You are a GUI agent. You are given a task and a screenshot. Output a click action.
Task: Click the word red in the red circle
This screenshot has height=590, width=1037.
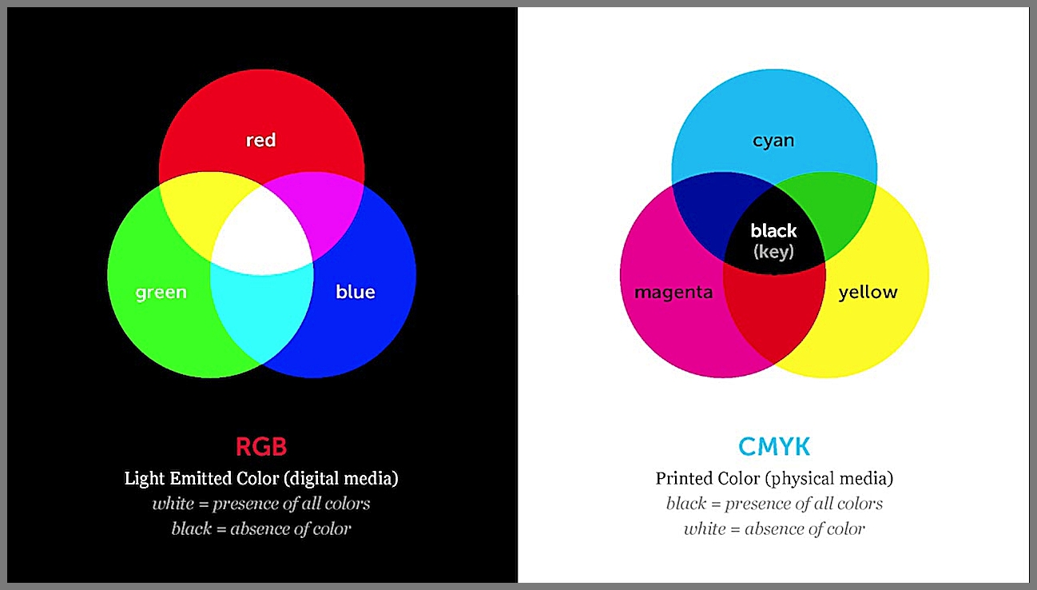[x=260, y=140]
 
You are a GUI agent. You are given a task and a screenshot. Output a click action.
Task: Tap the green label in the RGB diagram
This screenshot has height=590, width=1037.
[x=161, y=293]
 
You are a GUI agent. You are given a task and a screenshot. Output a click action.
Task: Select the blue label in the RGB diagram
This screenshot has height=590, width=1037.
[x=356, y=292]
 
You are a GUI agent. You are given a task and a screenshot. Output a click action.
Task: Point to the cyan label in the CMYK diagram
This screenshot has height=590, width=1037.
[x=773, y=141]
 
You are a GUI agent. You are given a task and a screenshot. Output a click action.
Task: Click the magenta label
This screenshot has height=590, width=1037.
[x=673, y=293]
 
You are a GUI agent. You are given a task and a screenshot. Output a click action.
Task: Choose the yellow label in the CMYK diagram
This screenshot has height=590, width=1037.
[x=868, y=293]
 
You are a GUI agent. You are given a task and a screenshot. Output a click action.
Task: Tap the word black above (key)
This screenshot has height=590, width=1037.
[x=773, y=230]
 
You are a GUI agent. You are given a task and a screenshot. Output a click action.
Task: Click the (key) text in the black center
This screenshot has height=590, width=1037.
[x=773, y=252]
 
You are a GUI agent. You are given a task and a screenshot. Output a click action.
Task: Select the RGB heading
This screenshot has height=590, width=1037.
[x=261, y=447]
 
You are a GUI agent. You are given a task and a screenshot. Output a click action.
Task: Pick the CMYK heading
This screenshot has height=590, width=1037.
[x=774, y=447]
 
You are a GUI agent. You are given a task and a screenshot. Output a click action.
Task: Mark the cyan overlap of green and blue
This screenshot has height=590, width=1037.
[x=261, y=315]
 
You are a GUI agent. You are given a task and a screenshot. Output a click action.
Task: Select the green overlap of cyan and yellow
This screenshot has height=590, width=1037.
[x=833, y=209]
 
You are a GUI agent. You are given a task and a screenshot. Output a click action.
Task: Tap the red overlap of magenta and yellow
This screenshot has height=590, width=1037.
[x=774, y=315]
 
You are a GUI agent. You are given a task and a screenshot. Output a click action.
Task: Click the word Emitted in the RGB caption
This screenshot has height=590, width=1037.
[x=201, y=478]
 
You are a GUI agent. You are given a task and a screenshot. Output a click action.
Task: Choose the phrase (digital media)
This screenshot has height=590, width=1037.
[x=341, y=479]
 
